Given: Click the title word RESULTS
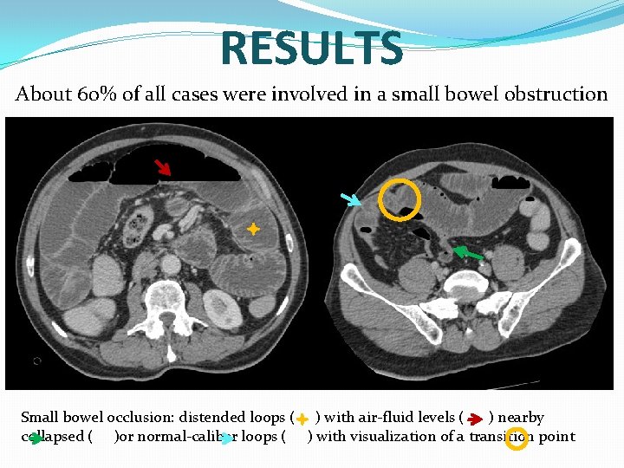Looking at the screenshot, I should pyautogui.click(x=312, y=49).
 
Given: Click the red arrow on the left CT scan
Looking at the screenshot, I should pyautogui.click(x=163, y=167).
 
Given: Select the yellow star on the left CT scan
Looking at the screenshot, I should pyautogui.click(x=252, y=229).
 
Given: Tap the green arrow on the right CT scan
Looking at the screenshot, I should pyautogui.click(x=468, y=253).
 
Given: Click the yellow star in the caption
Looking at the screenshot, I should pyautogui.click(x=301, y=419).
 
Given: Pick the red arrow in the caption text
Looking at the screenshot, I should pyautogui.click(x=474, y=419).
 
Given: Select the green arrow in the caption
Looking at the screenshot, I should pyautogui.click(x=35, y=438).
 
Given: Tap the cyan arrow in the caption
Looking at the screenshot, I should pyautogui.click(x=225, y=438).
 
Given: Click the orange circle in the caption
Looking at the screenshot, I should pyautogui.click(x=516, y=438).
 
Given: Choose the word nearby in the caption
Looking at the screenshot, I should pyautogui.click(x=521, y=418).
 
